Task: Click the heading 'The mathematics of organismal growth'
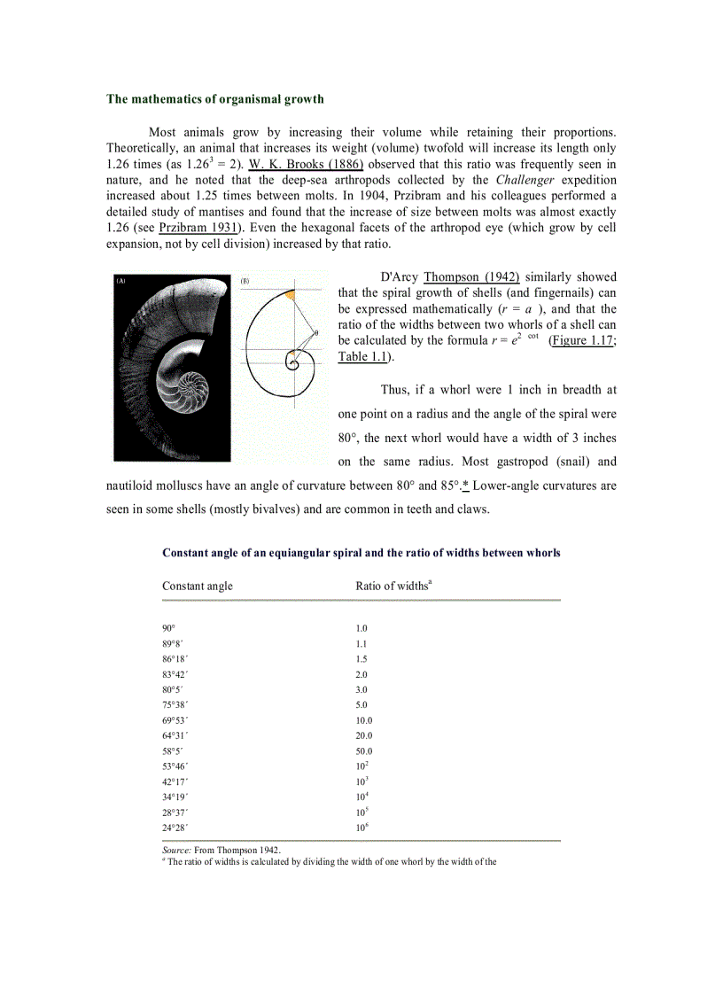point(215,98)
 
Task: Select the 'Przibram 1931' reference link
point(199,228)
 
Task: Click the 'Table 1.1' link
point(363,356)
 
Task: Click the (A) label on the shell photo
point(120,280)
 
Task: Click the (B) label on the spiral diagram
point(245,281)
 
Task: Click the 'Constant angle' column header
point(198,586)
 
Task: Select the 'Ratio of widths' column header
point(392,586)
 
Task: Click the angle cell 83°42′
point(175,674)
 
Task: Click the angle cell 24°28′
point(175,827)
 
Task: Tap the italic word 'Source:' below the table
point(176,849)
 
